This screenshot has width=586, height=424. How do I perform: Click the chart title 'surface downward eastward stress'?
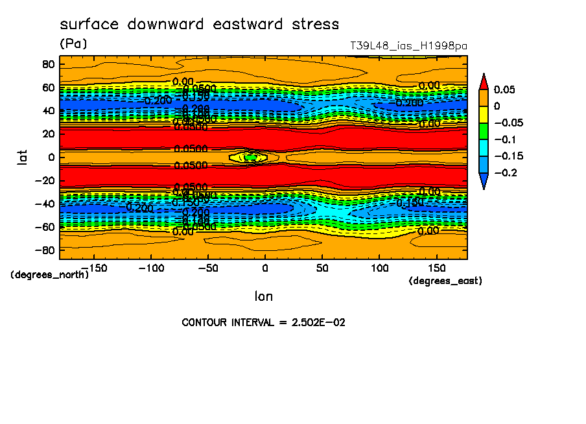[199, 25]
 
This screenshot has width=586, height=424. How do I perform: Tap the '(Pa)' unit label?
[73, 44]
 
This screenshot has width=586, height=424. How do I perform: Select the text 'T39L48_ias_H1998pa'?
[408, 46]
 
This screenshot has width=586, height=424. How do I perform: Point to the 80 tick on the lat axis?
[47, 64]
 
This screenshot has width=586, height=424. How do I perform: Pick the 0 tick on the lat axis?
[51, 157]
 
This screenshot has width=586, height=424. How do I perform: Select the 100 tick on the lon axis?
[379, 267]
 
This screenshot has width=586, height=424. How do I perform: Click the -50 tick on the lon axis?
[207, 267]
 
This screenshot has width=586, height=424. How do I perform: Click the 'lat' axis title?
[22, 156]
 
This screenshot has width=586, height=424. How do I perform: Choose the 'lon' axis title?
[263, 296]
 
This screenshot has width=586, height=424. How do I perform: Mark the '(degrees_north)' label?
[49, 274]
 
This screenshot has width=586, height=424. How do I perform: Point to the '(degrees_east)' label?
[445, 281]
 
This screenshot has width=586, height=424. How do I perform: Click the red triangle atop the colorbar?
[483, 80]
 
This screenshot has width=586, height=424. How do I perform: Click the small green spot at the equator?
[249, 157]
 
